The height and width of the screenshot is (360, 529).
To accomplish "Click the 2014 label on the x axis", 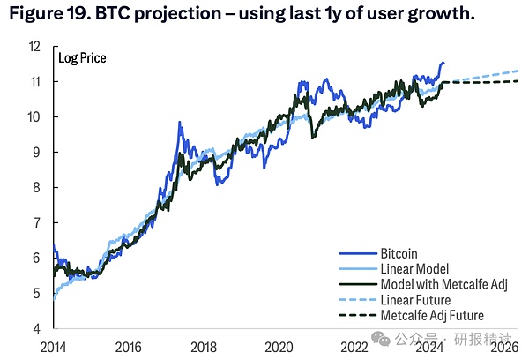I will click(55, 346).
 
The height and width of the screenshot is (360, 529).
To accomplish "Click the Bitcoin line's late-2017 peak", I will click(179, 123).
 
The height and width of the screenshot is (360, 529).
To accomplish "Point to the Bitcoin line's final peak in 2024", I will click(442, 63).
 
